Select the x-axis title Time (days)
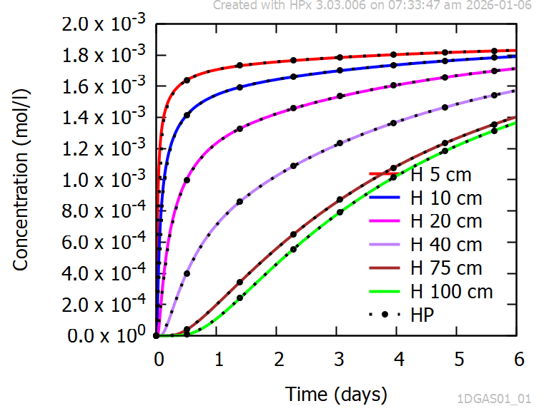coord(336,393)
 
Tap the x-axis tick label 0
coord(159,357)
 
